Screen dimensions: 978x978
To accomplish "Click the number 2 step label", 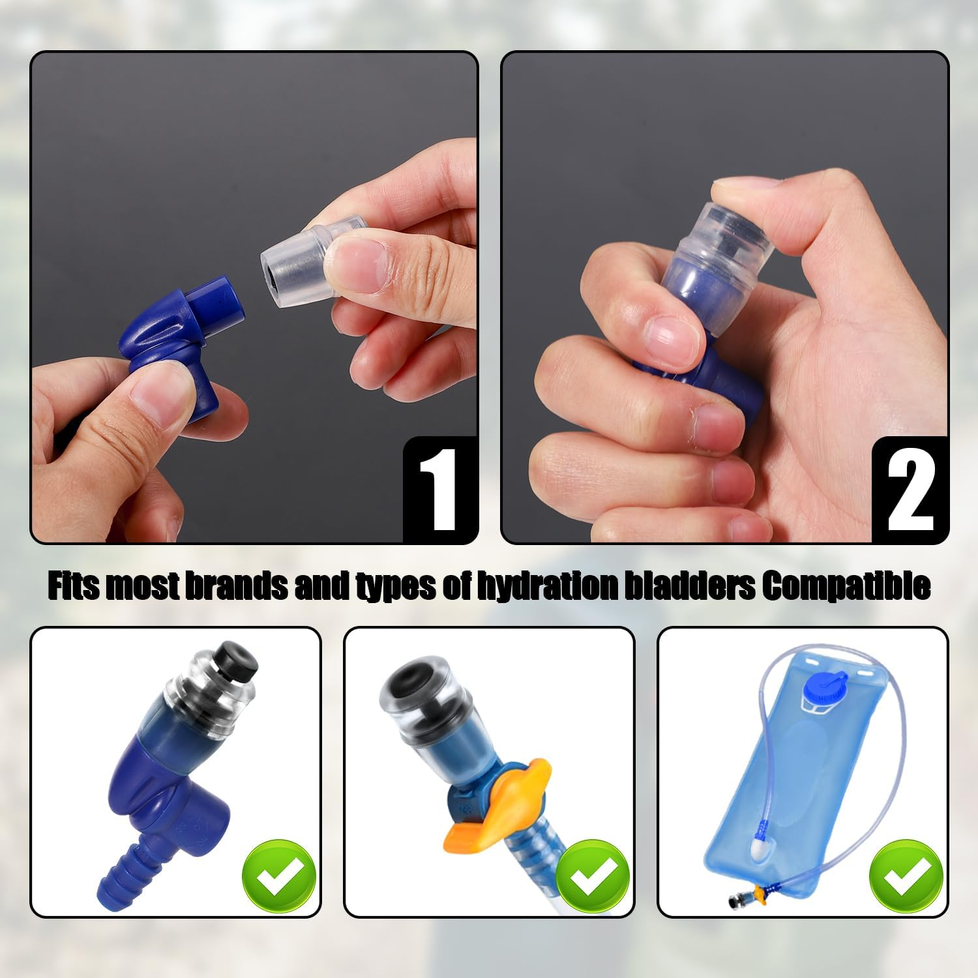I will tap(910, 490).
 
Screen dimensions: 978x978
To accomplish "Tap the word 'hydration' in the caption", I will tap(546, 585).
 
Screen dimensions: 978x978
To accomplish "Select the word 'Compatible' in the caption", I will tap(845, 585).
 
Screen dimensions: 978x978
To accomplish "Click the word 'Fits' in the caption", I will tap(74, 585).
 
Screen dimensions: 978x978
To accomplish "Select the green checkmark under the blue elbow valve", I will tap(279, 876).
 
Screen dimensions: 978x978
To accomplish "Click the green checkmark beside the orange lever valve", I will tap(593, 876).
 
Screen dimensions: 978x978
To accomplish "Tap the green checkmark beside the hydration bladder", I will tap(906, 876).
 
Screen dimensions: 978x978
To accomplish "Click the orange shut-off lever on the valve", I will tap(499, 808).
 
